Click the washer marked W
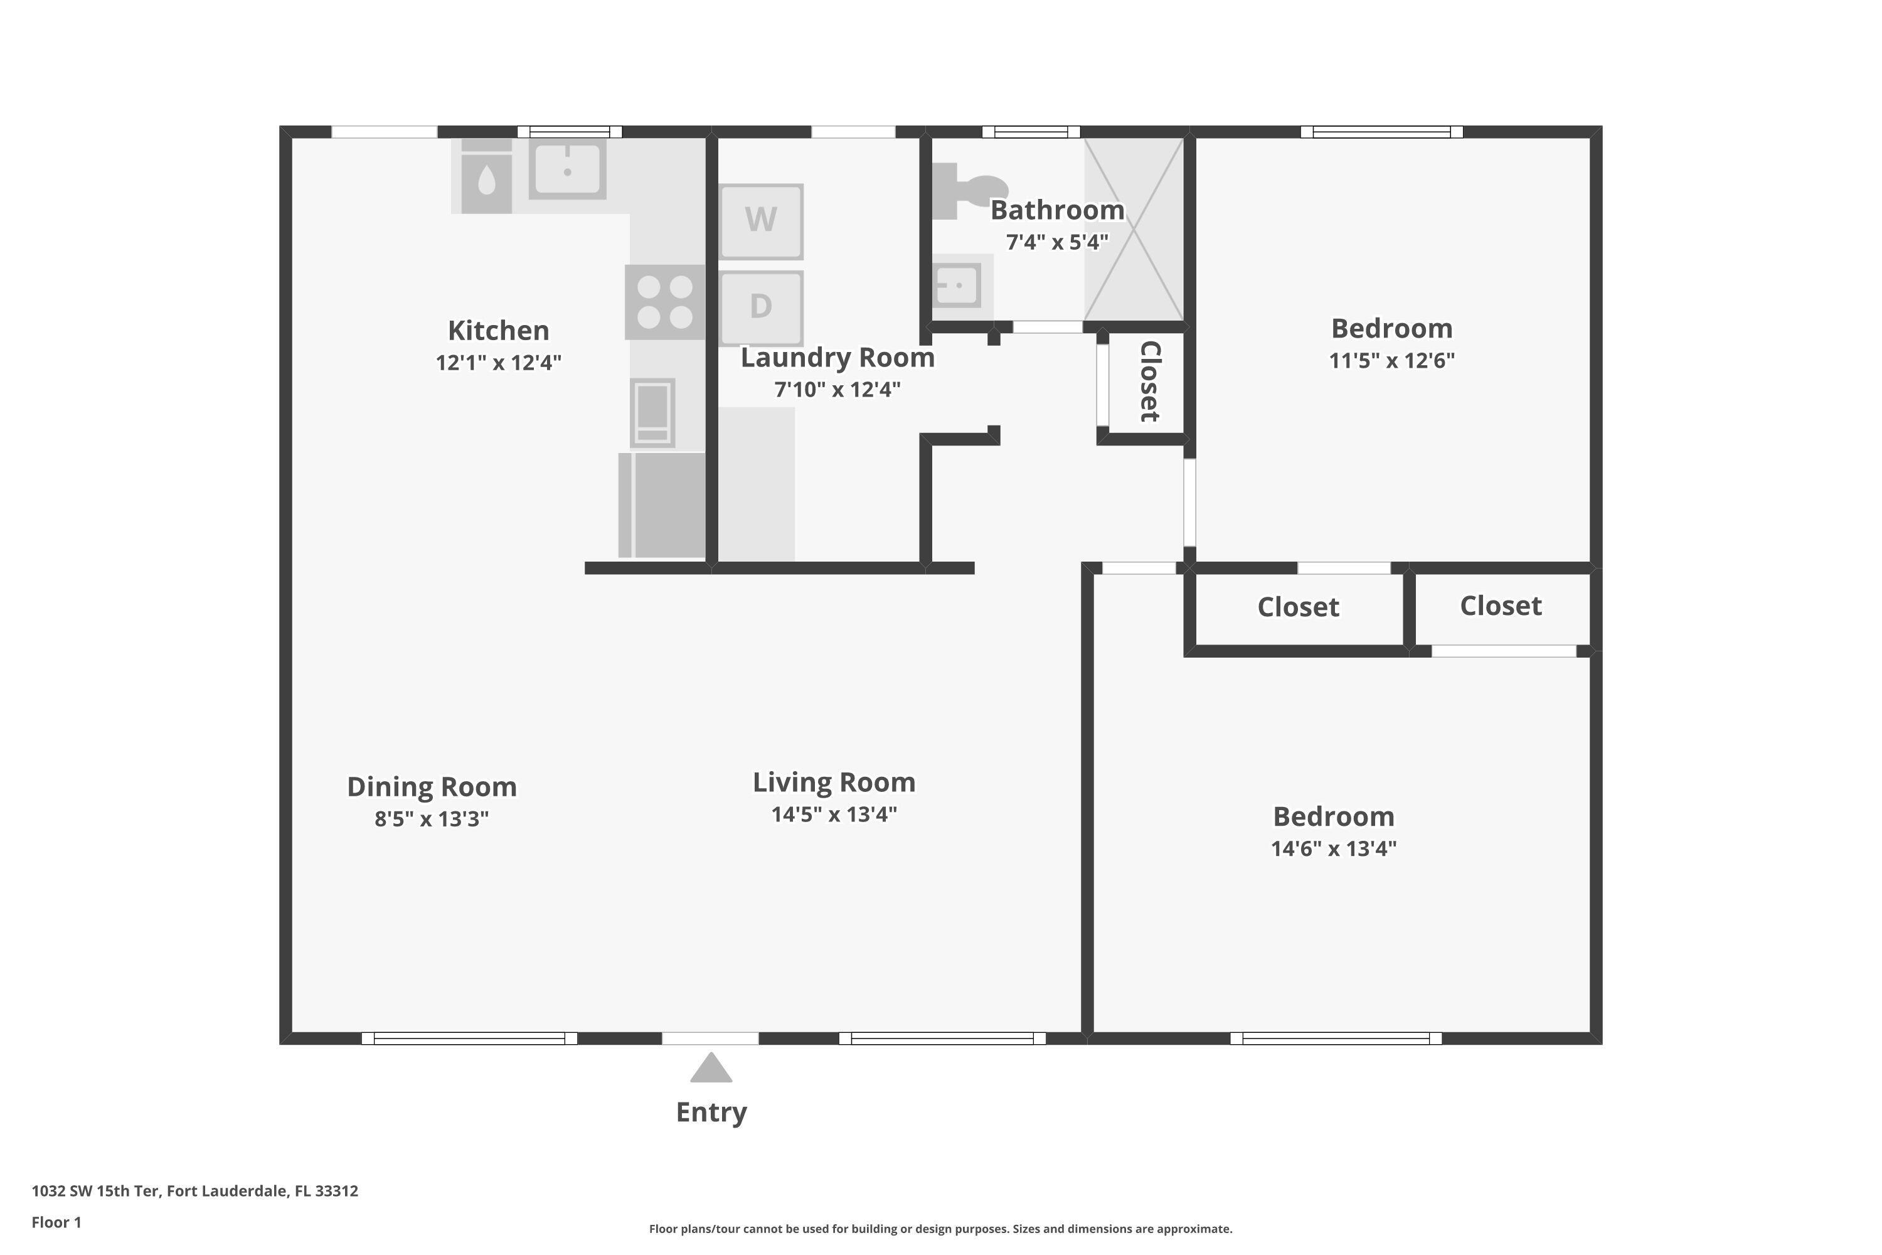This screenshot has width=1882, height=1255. point(761,221)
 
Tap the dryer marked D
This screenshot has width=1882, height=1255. point(761,307)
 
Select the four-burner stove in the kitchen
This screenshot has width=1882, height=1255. point(665,302)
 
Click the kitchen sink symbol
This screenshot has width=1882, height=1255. point(567,169)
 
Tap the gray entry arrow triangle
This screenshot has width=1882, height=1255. point(711,1069)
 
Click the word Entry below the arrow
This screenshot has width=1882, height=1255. point(711,1112)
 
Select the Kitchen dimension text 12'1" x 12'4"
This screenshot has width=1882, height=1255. point(499,363)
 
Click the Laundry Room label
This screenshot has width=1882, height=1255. point(837,358)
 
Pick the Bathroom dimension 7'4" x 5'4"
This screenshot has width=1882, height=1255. point(1057,242)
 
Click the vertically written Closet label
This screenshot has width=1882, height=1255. point(1149,381)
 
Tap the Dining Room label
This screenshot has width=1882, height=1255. point(432,787)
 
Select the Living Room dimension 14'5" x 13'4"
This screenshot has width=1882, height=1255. point(834,814)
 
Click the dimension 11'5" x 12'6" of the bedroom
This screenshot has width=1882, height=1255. point(1391,360)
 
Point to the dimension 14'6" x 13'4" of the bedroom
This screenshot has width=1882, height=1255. point(1334,848)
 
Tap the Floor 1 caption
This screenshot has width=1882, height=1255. point(56,1222)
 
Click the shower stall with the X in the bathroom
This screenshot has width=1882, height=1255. point(1133,230)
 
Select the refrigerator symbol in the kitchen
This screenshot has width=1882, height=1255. point(662,505)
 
